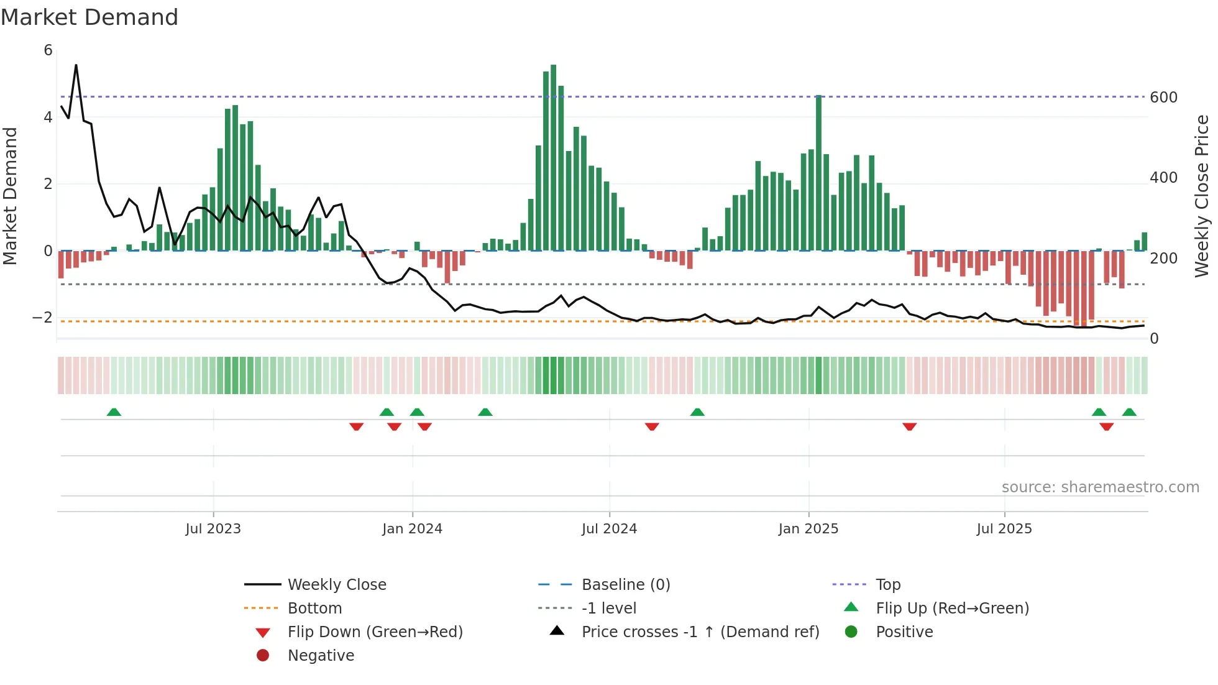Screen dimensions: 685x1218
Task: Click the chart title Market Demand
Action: (89, 17)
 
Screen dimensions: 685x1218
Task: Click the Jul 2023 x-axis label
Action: (213, 529)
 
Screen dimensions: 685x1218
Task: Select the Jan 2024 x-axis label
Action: (412, 529)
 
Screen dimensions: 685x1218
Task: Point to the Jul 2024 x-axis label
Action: (609, 529)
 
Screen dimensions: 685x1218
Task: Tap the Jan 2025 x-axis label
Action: (808, 529)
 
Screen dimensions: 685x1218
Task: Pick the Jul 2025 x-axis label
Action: (1004, 529)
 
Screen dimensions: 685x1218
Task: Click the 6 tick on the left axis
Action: (48, 50)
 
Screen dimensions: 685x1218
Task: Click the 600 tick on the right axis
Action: (1163, 98)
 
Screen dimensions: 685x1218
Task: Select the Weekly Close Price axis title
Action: (1202, 196)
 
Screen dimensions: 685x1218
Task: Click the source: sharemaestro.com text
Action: (1100, 487)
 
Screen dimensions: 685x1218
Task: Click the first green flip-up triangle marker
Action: (114, 412)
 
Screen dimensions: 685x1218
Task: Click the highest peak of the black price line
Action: (76, 65)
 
